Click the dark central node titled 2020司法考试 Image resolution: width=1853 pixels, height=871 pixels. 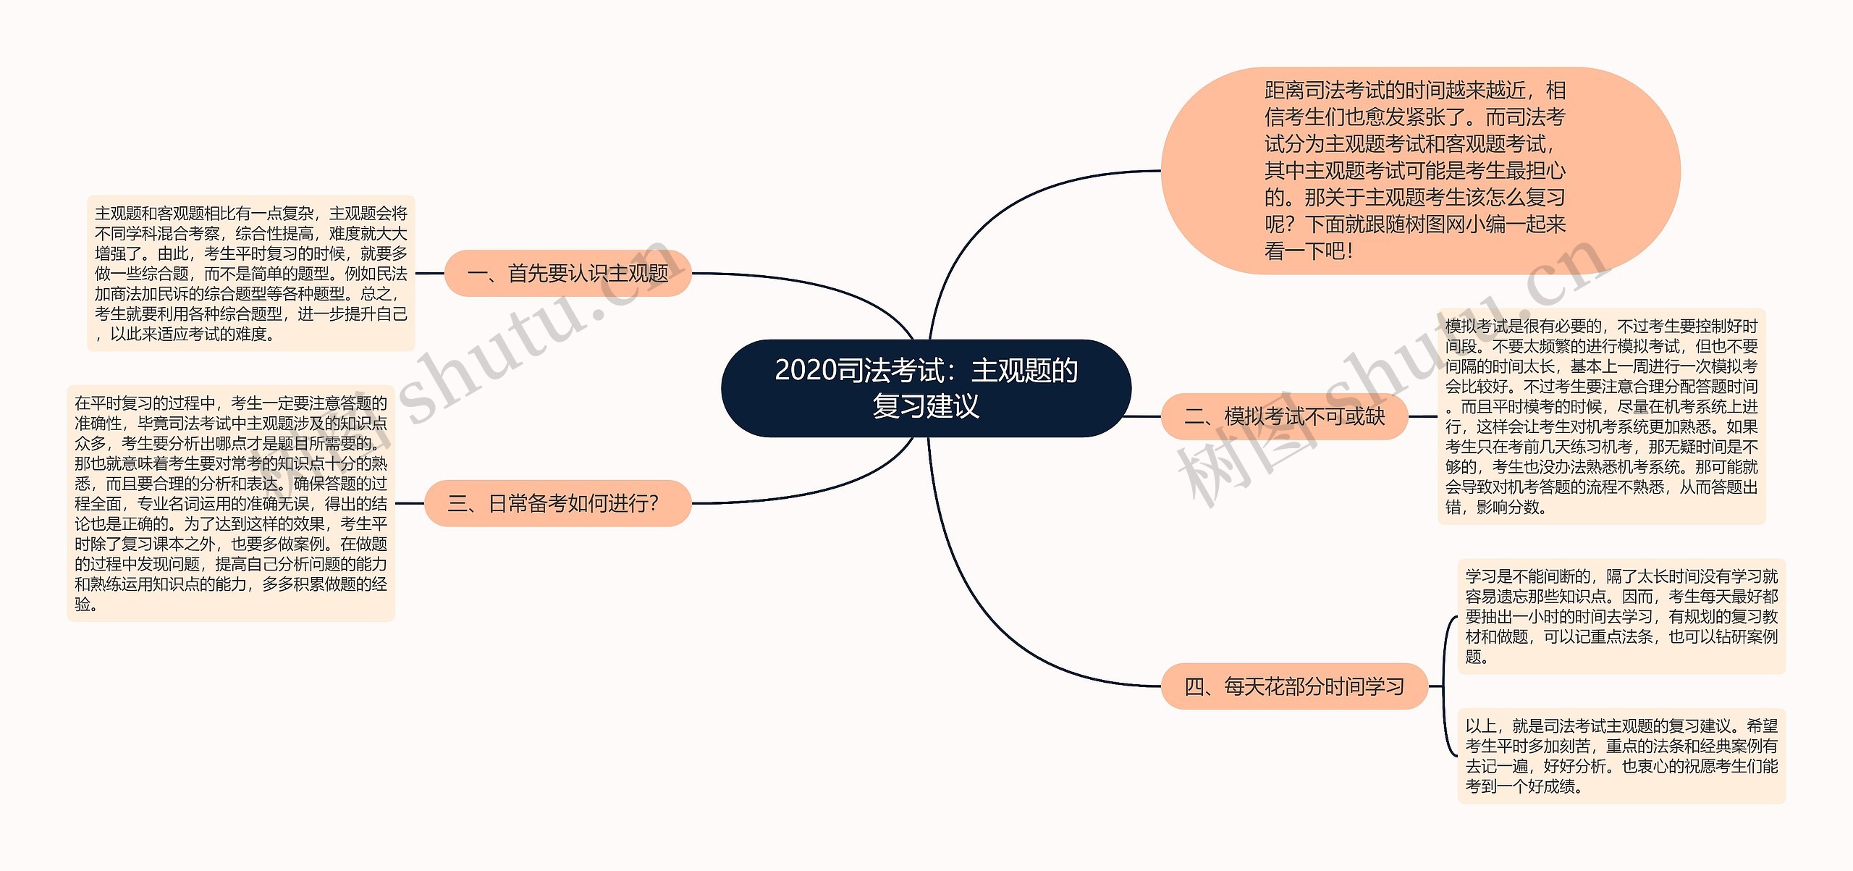click(926, 388)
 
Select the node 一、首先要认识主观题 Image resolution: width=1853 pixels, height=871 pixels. click(567, 273)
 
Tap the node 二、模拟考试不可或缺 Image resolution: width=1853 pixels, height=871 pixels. click(1284, 416)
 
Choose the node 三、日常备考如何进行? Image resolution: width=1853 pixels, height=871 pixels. click(557, 503)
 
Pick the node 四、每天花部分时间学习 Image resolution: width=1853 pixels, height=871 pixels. click(1293, 686)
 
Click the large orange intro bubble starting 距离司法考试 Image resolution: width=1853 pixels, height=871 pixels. click(1419, 171)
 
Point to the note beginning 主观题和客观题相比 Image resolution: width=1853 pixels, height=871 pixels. click(250, 273)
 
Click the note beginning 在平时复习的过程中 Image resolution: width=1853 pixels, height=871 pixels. click(230, 503)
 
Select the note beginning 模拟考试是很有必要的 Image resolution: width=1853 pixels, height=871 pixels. click(1601, 416)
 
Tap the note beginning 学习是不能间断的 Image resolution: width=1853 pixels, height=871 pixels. click(1621, 616)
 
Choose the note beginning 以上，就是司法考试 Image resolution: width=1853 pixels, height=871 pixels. click(1621, 755)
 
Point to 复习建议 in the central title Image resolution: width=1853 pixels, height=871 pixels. click(926, 406)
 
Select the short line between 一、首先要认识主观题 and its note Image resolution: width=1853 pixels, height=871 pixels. click(429, 274)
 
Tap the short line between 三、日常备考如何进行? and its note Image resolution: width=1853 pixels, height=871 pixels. click(409, 503)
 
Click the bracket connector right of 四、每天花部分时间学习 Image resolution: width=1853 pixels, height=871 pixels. click(1445, 686)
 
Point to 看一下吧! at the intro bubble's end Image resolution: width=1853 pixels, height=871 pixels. click(1309, 251)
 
